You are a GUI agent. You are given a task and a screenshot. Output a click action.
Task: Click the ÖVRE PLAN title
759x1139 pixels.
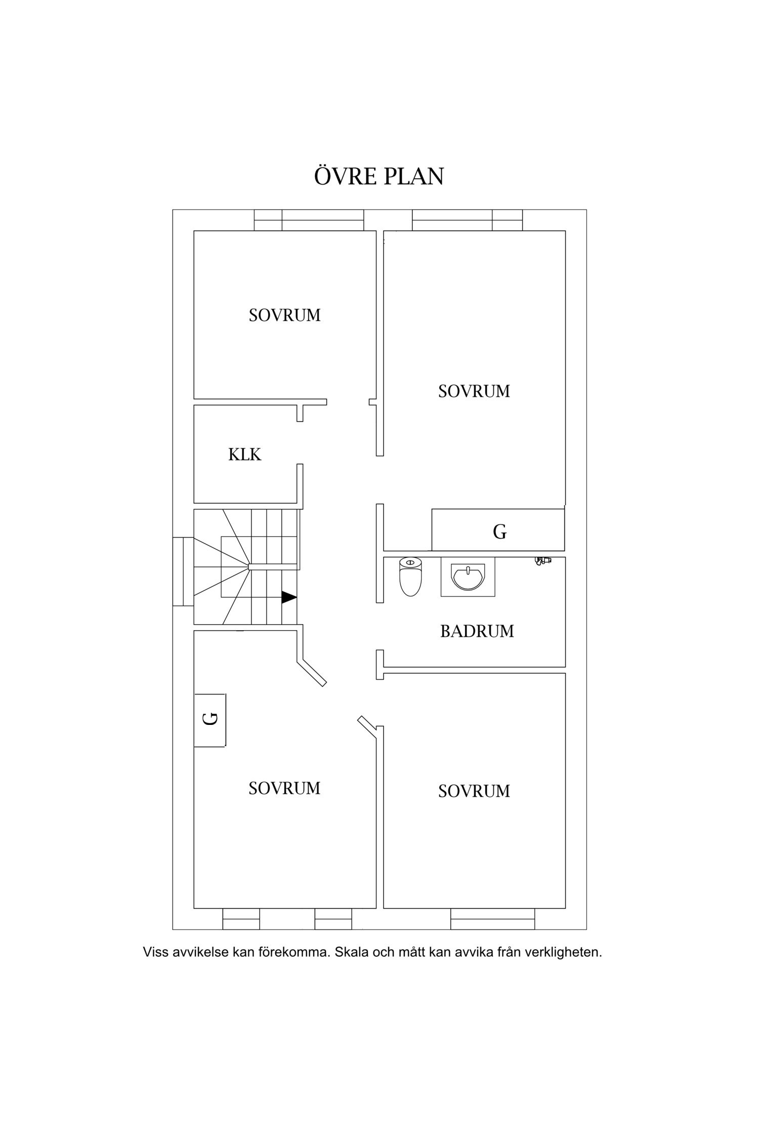click(x=379, y=175)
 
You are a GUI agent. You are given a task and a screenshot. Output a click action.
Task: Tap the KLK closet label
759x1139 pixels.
click(x=245, y=455)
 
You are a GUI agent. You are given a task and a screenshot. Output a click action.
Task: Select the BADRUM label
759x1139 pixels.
click(x=477, y=631)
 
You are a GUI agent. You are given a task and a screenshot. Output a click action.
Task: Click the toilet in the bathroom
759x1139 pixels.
click(x=410, y=577)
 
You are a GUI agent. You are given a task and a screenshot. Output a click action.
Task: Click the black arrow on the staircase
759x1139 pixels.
click(x=289, y=597)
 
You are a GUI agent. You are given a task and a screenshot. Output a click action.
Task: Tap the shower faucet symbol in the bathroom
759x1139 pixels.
click(x=543, y=561)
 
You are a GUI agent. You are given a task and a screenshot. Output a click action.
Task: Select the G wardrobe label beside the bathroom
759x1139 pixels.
click(x=500, y=532)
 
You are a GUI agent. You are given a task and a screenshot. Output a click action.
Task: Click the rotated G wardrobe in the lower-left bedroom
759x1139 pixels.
click(x=210, y=719)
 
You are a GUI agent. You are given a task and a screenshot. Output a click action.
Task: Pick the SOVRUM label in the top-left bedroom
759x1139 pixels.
click(x=285, y=315)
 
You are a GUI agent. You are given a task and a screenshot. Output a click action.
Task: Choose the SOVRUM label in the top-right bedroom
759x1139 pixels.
click(x=474, y=391)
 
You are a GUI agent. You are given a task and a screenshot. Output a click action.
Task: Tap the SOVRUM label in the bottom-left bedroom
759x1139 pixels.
click(x=284, y=788)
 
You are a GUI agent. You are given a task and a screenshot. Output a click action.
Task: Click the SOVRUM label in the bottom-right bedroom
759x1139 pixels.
click(x=474, y=791)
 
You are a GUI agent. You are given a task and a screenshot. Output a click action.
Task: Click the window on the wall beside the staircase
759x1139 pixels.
click(x=183, y=572)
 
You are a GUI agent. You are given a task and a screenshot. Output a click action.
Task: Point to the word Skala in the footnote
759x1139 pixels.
click(x=352, y=952)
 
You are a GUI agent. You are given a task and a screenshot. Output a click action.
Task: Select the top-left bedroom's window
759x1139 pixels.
click(x=309, y=220)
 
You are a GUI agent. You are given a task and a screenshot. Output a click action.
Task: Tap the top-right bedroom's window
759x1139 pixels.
click(x=467, y=220)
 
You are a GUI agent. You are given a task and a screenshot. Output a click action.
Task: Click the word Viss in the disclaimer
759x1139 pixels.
click(x=155, y=952)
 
